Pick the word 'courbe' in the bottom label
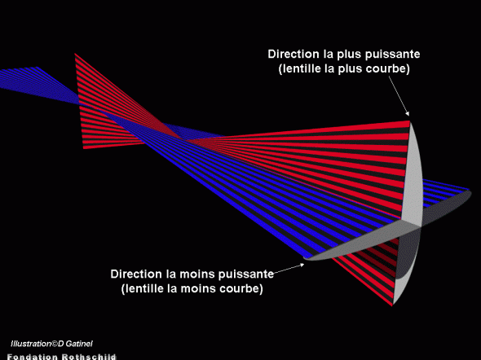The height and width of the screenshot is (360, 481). click(x=242, y=288)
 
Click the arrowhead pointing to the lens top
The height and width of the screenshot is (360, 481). click(x=407, y=113)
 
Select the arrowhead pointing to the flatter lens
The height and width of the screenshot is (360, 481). click(x=302, y=266)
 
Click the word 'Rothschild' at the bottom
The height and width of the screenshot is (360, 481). click(x=89, y=357)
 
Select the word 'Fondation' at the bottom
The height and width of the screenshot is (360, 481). click(x=33, y=357)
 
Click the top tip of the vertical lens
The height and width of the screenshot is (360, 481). click(x=410, y=121)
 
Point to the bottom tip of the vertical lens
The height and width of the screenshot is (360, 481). click(x=393, y=305)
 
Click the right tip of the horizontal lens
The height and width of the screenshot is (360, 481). click(x=471, y=191)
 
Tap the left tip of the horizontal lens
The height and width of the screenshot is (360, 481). click(x=305, y=258)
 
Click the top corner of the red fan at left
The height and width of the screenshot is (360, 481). click(x=75, y=54)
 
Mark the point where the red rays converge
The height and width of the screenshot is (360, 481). click(x=184, y=140)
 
